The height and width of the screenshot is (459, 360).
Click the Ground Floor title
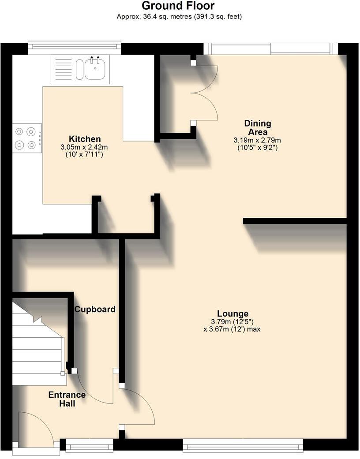click(178, 6)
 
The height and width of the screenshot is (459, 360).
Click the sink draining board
click(63, 69)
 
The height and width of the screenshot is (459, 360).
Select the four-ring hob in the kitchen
click(26, 138)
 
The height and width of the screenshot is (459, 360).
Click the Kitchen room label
click(84, 139)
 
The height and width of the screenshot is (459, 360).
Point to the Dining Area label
click(258, 127)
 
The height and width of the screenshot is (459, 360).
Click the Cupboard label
click(94, 309)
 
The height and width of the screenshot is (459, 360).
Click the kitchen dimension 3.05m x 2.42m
click(84, 147)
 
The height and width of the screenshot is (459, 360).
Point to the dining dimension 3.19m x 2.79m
click(257, 140)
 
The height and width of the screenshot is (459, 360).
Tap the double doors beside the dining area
click(205, 93)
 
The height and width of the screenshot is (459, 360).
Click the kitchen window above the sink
click(74, 48)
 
